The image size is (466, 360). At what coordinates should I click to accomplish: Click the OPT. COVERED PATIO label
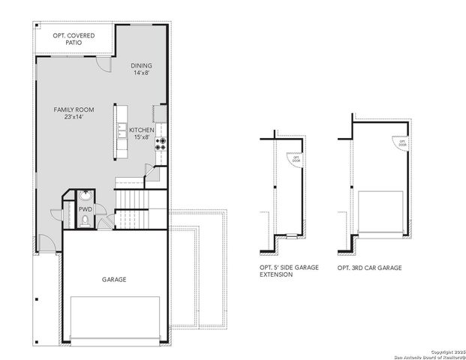point(72,39)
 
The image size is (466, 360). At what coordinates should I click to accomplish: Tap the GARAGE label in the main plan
point(114,280)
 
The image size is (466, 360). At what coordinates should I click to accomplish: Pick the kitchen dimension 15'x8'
point(142,138)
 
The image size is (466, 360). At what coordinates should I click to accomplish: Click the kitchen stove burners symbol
point(161,144)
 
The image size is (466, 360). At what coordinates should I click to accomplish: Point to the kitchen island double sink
point(121,130)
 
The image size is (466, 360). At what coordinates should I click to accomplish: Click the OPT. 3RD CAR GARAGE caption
point(369,268)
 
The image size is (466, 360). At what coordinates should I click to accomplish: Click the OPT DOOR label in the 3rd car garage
point(403,143)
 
